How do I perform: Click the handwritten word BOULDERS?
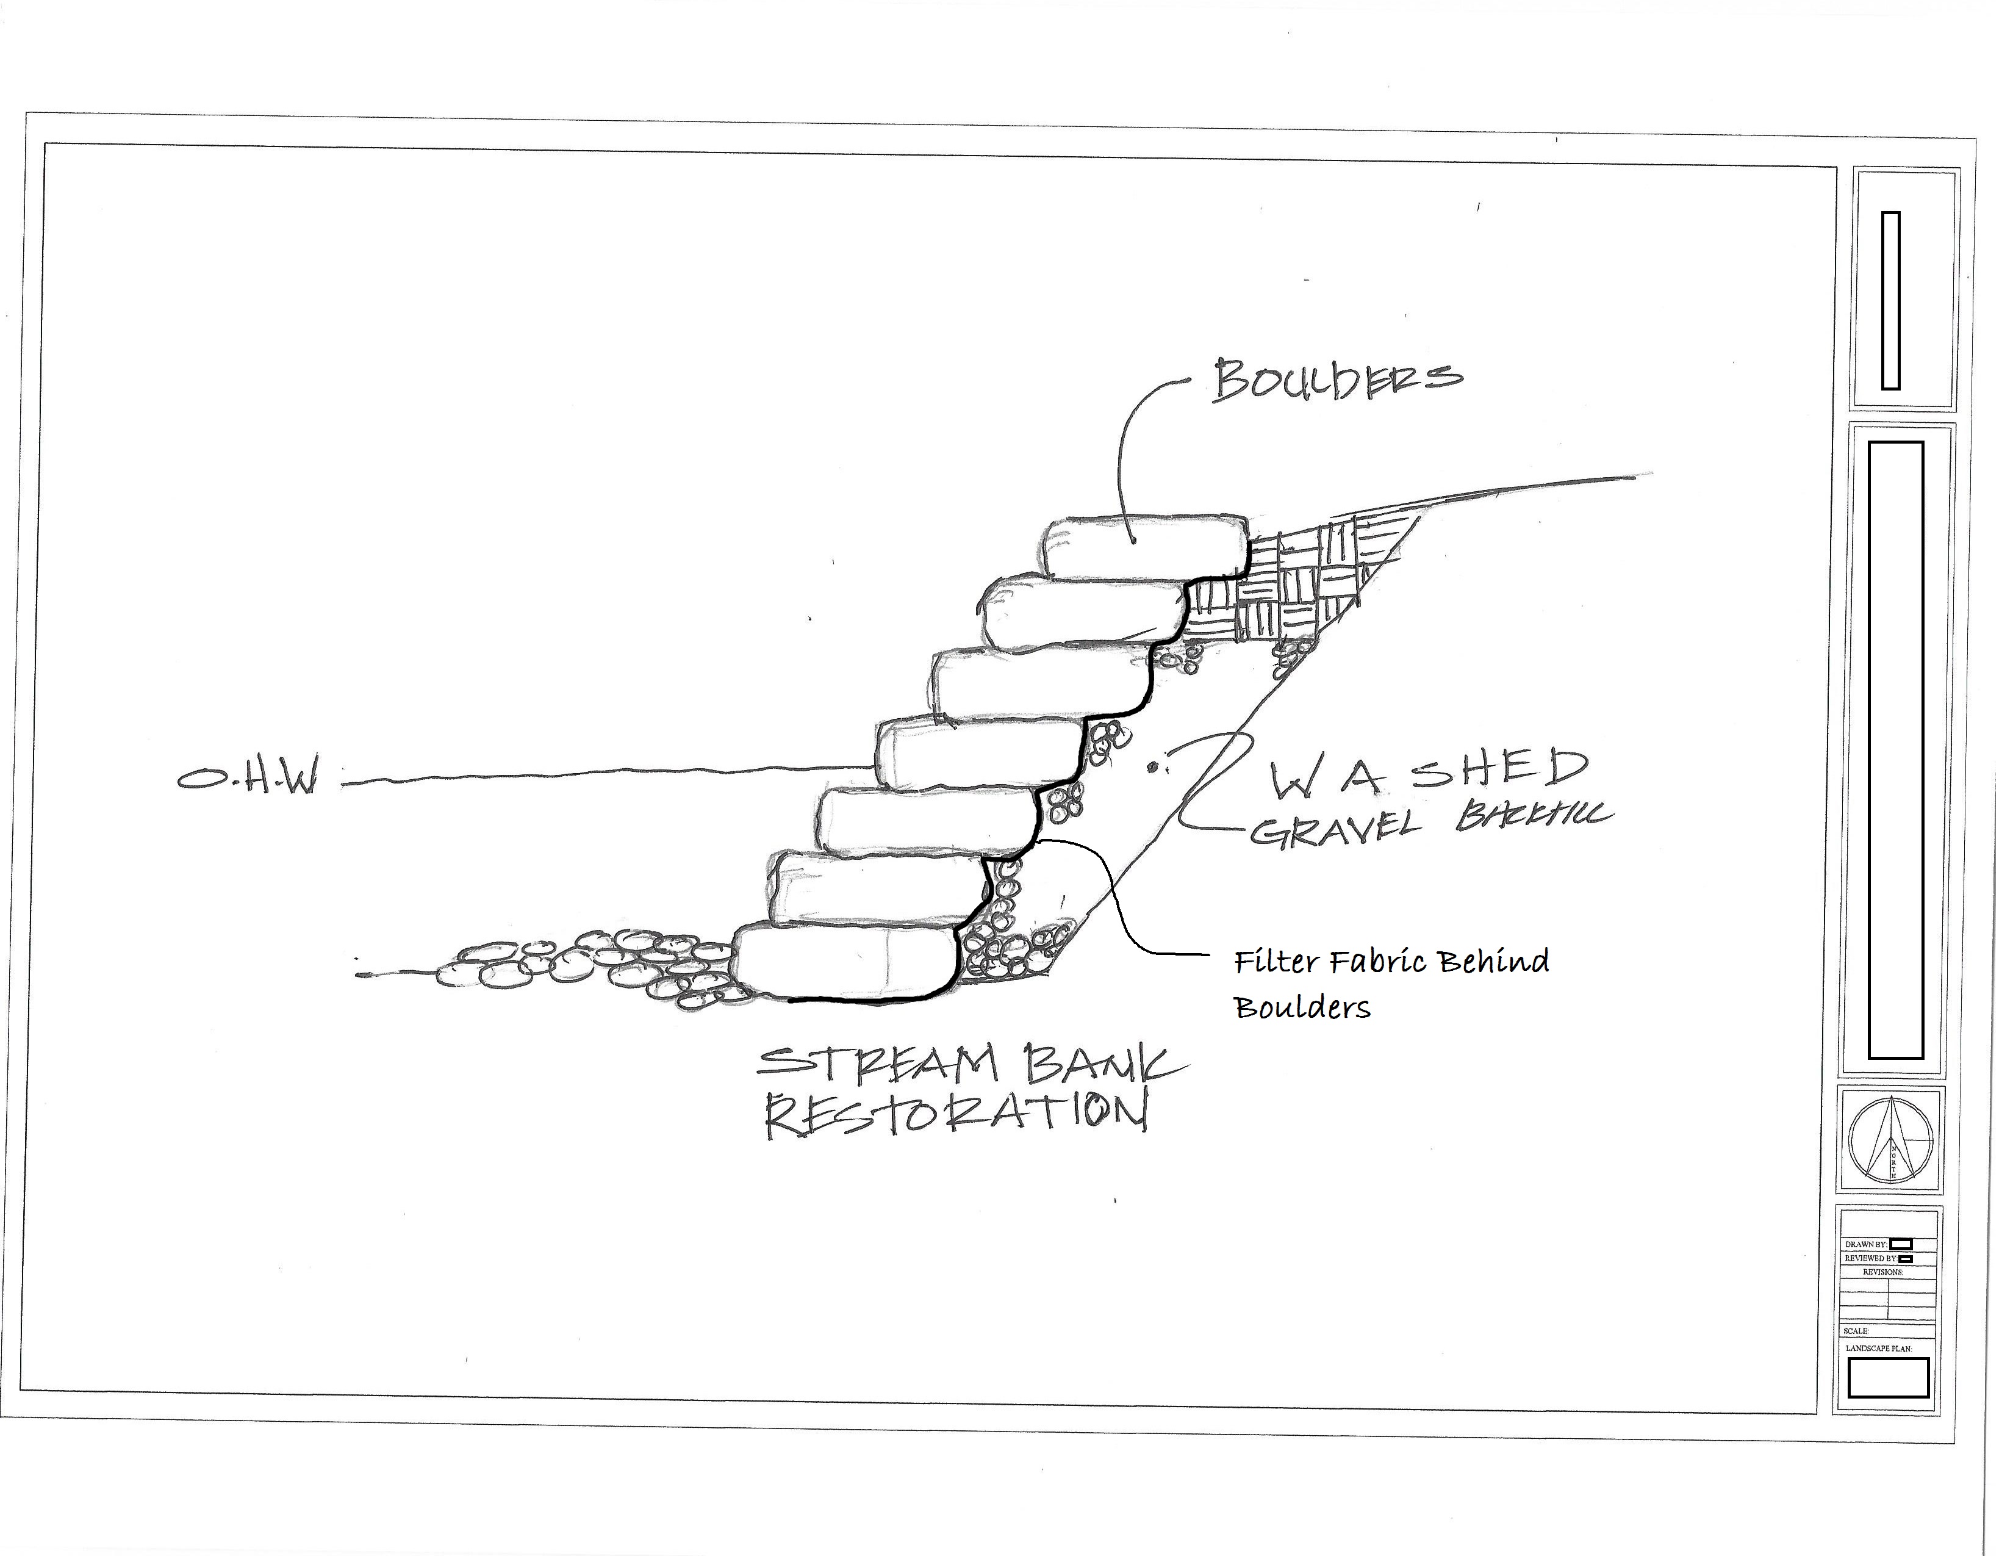(1337, 379)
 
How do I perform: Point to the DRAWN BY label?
(1865, 1244)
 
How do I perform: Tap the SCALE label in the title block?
(1856, 1331)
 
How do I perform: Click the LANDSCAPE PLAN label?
(1878, 1349)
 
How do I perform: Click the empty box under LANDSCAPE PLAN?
(1888, 1377)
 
